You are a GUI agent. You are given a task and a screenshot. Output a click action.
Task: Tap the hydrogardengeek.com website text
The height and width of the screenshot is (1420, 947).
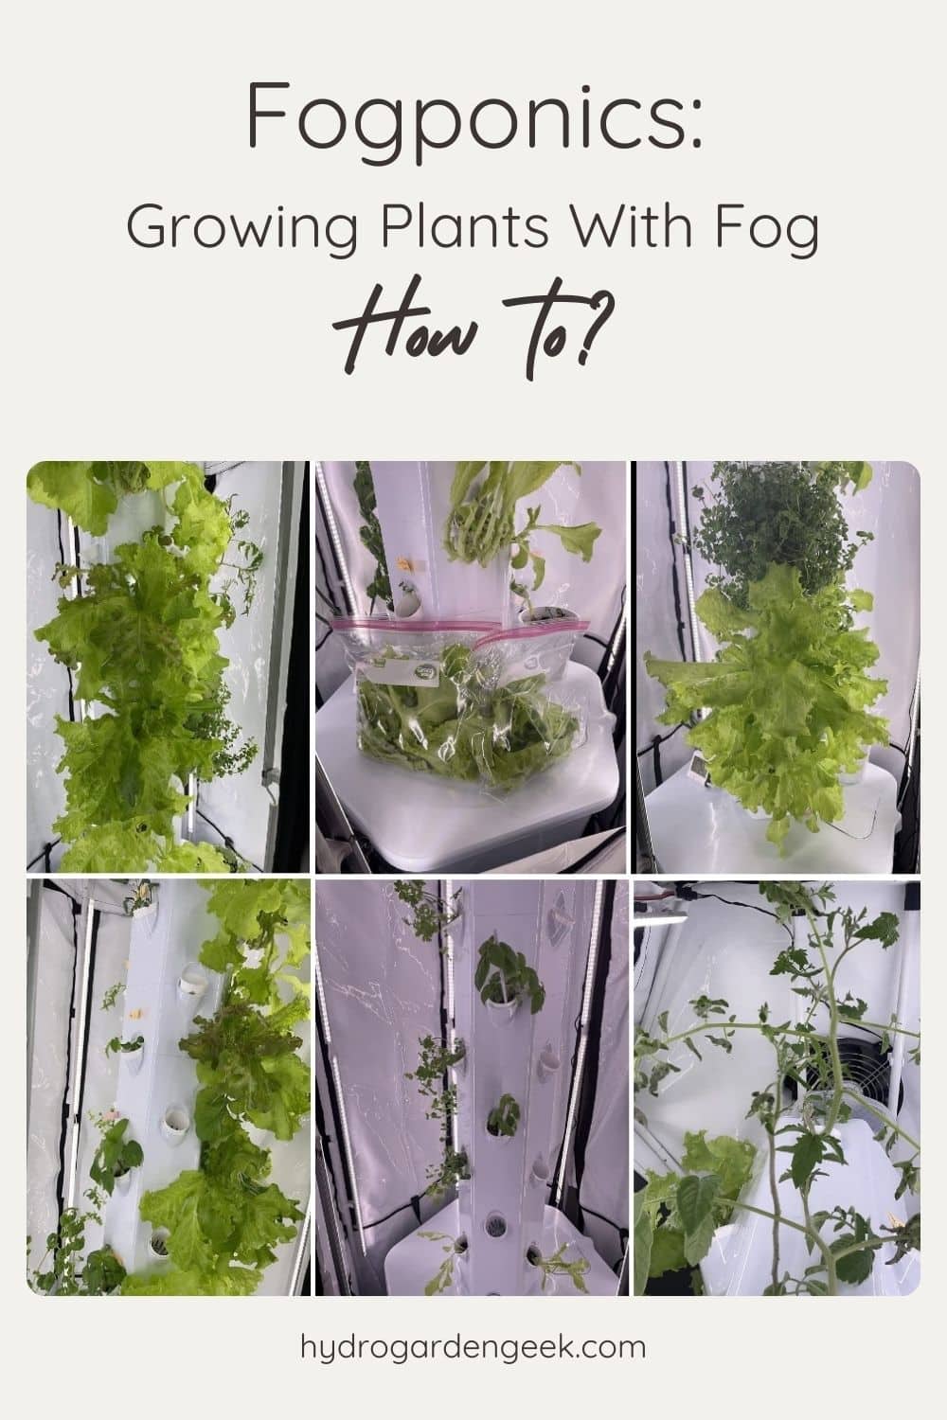pos(473,1345)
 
